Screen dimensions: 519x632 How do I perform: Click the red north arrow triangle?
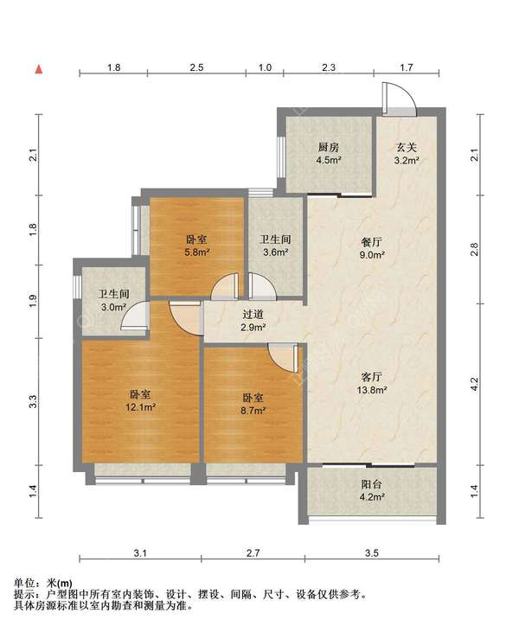[x=39, y=69]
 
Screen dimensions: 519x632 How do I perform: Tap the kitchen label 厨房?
[x=329, y=148]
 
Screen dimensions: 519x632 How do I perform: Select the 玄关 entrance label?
[x=406, y=148]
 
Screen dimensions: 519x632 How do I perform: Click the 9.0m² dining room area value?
[x=372, y=255]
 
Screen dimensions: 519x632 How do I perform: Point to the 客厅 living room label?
[x=372, y=377]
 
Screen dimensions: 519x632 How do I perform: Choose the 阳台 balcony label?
[x=372, y=484]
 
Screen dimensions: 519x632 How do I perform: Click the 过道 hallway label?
[x=253, y=315]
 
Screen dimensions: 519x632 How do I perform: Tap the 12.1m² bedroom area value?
[x=140, y=407]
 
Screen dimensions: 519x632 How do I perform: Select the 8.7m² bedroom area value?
[x=253, y=411]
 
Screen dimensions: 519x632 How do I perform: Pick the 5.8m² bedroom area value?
[x=197, y=252]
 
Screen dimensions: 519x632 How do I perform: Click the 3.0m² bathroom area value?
[x=113, y=307]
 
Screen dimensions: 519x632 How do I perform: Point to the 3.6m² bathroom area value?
[x=275, y=252]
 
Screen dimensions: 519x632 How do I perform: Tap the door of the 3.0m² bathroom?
[x=134, y=316]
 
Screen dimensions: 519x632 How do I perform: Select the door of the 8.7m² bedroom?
[x=285, y=358]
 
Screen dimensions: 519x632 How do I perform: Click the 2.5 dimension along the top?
[x=196, y=67]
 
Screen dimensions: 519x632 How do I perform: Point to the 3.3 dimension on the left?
[x=33, y=401]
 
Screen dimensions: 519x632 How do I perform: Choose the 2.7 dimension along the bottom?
[x=253, y=553]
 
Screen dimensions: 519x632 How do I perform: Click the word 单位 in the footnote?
[x=23, y=584]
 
